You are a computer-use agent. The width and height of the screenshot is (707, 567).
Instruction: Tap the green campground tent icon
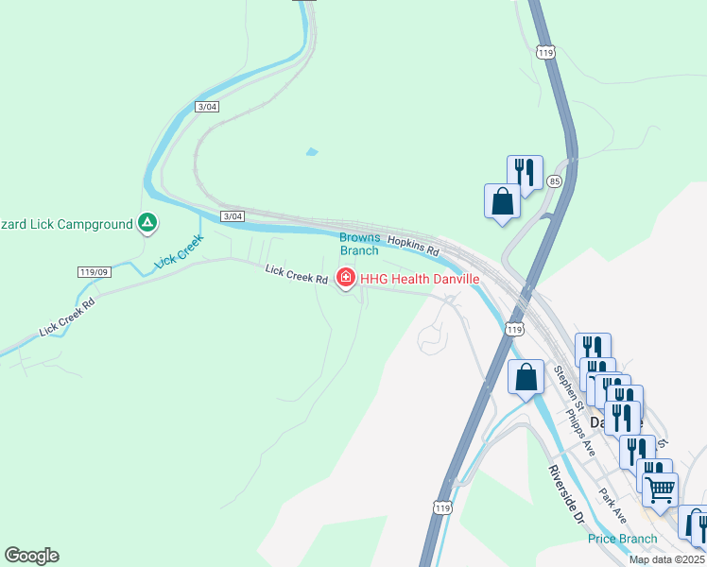click(x=147, y=223)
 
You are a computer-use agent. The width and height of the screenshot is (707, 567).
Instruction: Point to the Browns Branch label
click(x=359, y=244)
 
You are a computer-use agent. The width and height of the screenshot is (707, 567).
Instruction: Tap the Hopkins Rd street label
click(x=414, y=247)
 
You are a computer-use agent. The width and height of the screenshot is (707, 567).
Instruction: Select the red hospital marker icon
click(x=346, y=278)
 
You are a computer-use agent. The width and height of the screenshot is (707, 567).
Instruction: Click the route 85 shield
click(x=554, y=180)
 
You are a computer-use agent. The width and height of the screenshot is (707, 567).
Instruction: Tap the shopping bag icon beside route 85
click(x=502, y=200)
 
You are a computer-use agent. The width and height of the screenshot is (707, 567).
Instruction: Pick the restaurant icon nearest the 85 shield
click(x=525, y=172)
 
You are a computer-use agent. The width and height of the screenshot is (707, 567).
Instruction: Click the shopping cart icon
click(x=660, y=489)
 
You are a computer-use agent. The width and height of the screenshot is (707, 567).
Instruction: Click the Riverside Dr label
click(x=568, y=497)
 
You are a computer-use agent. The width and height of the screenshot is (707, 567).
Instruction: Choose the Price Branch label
click(x=622, y=539)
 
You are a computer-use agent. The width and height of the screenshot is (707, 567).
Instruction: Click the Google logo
click(x=31, y=556)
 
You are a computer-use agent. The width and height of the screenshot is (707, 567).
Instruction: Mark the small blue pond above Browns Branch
click(x=312, y=151)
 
